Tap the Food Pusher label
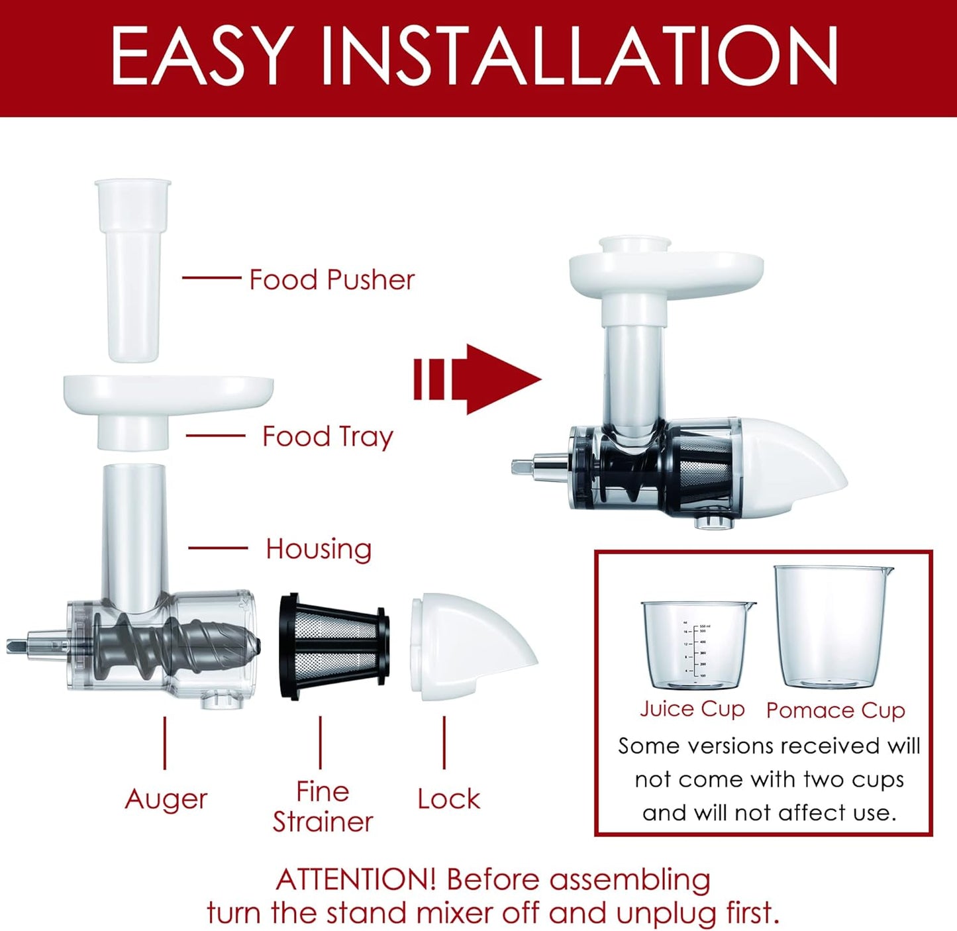pyautogui.click(x=332, y=279)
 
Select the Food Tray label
pyautogui.click(x=328, y=436)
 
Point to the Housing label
pyautogui.click(x=319, y=549)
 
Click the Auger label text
pyautogui.click(x=166, y=799)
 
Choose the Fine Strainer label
pyautogui.click(x=323, y=807)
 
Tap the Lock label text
pyautogui.click(x=448, y=799)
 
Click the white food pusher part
pyautogui.click(x=133, y=271)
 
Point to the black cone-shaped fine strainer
pyautogui.click(x=333, y=646)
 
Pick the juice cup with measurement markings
pyautogui.click(x=695, y=646)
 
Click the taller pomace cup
pyautogui.click(x=832, y=629)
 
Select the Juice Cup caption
pyautogui.click(x=692, y=709)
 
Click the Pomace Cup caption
pyautogui.click(x=835, y=710)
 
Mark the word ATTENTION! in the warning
pyautogui.click(x=356, y=880)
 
